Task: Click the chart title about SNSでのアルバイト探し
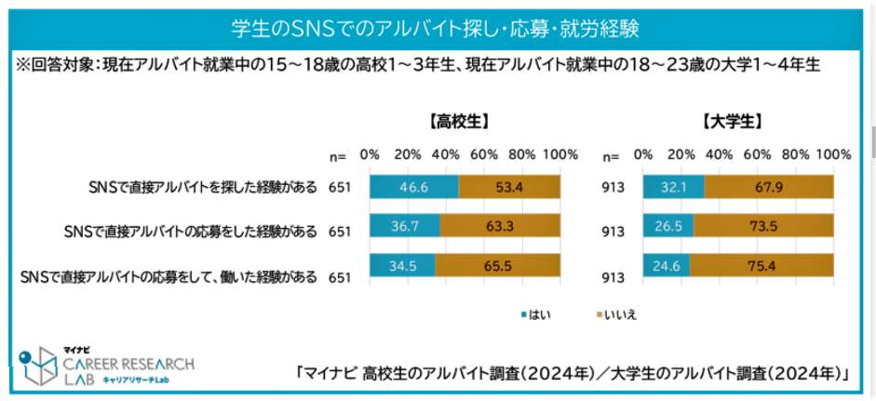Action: coord(438,24)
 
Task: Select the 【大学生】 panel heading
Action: coord(735,121)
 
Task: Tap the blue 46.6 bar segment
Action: coord(413,186)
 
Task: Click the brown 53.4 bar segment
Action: coord(510,186)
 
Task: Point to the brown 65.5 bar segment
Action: coord(498,267)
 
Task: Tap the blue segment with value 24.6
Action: coord(666,267)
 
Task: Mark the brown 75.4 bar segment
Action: coord(761,267)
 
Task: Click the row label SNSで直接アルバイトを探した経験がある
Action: coord(200,187)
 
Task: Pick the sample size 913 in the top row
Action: coord(614,187)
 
